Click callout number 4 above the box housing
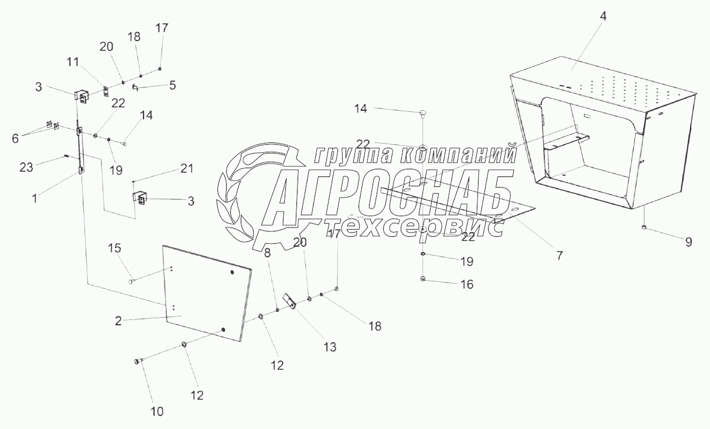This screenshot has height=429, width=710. click(603, 16)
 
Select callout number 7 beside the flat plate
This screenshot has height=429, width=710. click(559, 256)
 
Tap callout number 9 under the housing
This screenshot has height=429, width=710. click(688, 240)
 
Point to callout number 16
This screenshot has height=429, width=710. click(466, 284)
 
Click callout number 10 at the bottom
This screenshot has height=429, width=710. click(158, 411)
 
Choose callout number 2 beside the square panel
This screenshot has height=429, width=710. click(118, 321)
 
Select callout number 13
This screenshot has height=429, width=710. click(330, 347)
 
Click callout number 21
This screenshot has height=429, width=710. click(186, 169)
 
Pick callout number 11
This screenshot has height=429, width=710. click(73, 60)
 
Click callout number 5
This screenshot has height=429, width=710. click(172, 85)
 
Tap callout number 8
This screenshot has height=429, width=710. click(267, 253)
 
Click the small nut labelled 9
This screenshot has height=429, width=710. click(644, 227)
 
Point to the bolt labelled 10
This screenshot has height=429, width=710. click(139, 362)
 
